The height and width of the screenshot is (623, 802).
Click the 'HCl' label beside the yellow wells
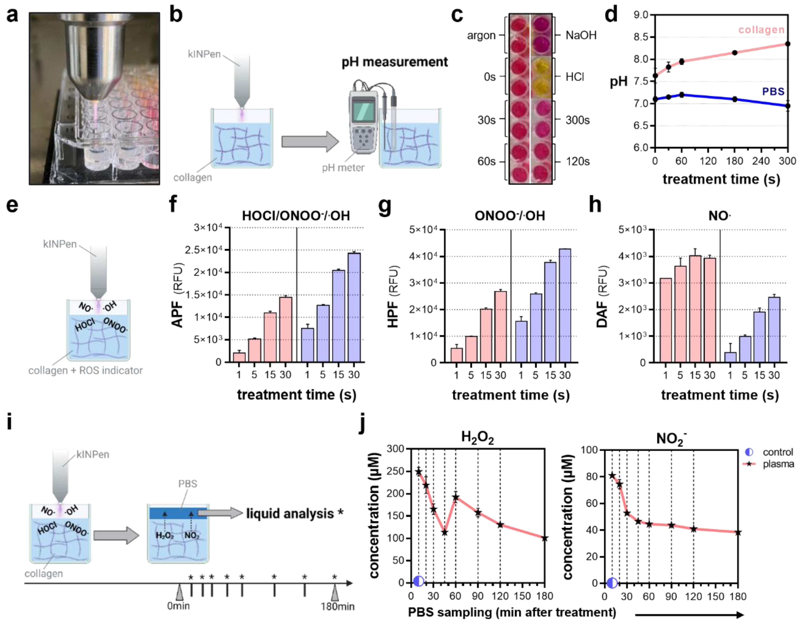pos(575,77)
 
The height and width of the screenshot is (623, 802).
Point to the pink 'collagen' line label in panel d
pos(761,30)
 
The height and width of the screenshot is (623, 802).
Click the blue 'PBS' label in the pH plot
pos(773,92)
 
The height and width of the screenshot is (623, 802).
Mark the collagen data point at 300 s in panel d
pos(787,44)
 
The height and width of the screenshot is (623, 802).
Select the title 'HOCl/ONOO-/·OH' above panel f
pos(296,216)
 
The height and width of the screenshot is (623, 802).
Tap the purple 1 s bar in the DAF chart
pos(730,357)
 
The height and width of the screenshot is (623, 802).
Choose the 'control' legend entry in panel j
pos(777,452)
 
